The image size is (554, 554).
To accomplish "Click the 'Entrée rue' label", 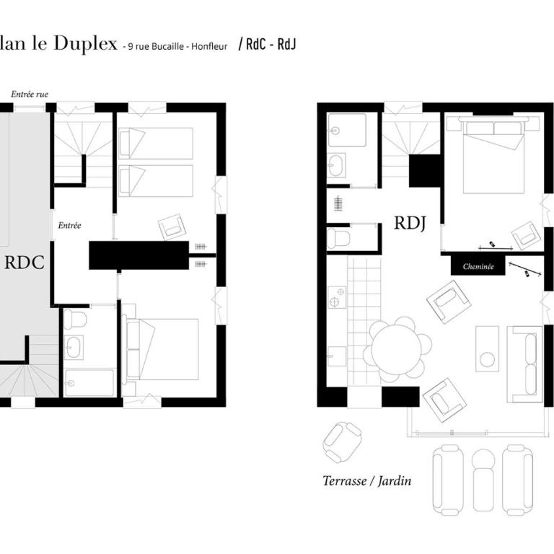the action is coord(30,94).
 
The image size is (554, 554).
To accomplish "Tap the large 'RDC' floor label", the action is coord(25,263).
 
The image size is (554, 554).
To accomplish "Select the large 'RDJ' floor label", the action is coord(410,224).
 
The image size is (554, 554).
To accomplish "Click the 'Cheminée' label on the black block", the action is coord(478,267).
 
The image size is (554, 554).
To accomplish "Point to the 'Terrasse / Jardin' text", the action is coord(367,481).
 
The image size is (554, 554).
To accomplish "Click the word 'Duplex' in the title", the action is coord(85,44).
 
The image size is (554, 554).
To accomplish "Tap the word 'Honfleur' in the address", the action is coord(209,46).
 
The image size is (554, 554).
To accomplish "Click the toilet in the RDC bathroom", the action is coord(75,319).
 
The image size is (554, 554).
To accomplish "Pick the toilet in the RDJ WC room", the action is coord(338,238).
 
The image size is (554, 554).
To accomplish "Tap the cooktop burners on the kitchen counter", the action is coord(337,297).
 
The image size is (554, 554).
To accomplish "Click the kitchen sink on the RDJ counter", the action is coord(337,356).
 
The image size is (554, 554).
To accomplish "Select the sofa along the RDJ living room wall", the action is coord(525,364).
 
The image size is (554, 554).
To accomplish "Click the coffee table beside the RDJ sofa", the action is coord(487,348).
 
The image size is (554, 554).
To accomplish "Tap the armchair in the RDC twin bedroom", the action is coord(172,227).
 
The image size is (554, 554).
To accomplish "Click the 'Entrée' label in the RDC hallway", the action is coord(69,225).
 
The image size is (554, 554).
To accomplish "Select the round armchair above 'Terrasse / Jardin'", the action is coord(342,442).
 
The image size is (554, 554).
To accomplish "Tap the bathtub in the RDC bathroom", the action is coord(89,383).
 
